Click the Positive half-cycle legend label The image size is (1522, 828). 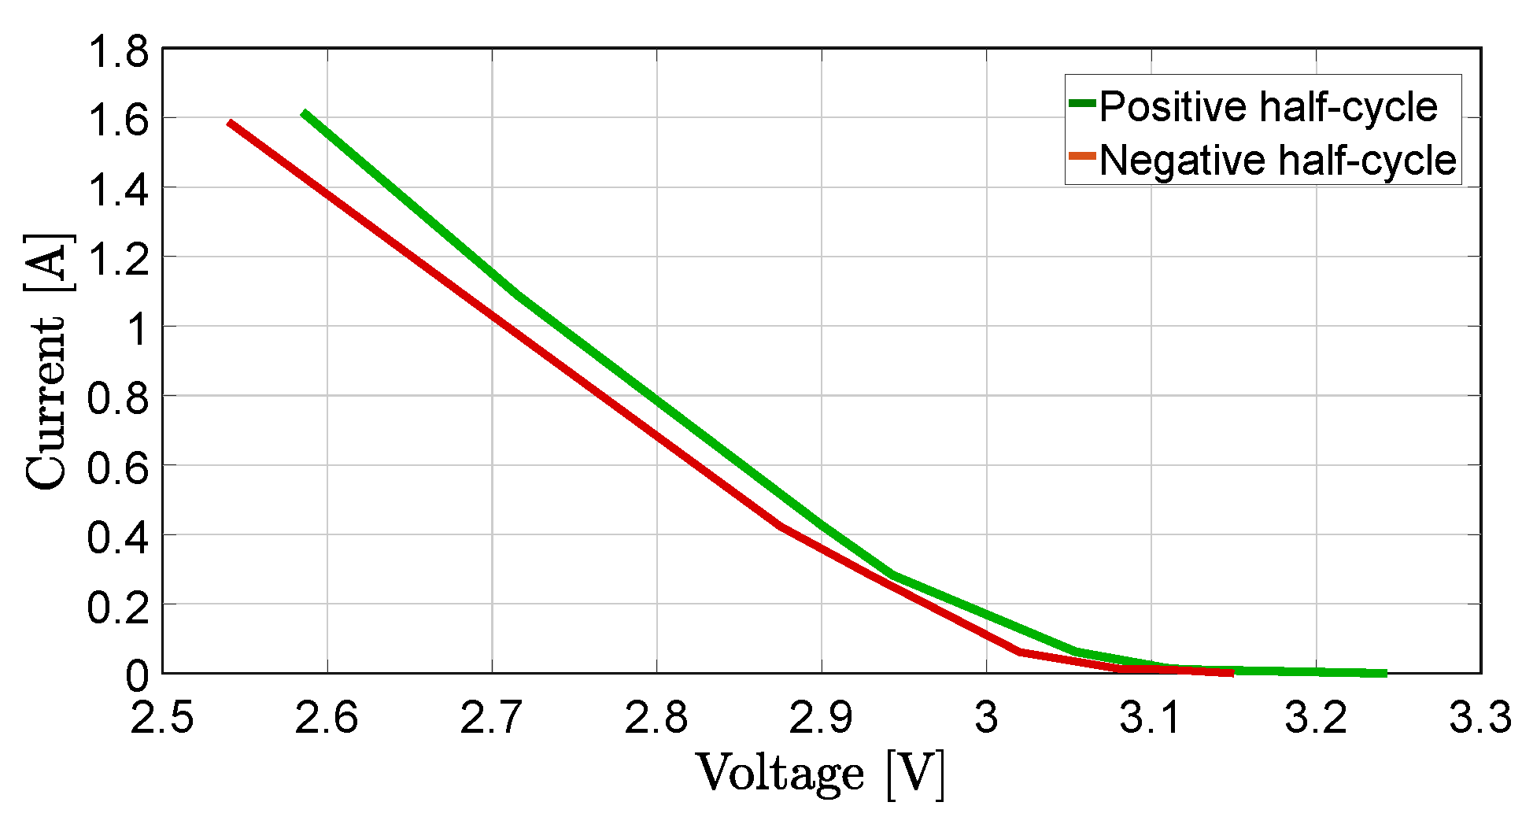(x=1268, y=106)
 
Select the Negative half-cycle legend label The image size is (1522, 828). (x=1277, y=160)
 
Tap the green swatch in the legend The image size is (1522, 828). (x=1082, y=103)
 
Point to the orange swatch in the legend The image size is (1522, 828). (x=1082, y=156)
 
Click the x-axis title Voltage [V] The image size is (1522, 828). (x=820, y=774)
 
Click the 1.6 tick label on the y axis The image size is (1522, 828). (x=118, y=121)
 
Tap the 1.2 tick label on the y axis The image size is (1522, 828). (x=118, y=260)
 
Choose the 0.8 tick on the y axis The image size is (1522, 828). (x=118, y=398)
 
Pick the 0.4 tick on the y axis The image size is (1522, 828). (x=118, y=538)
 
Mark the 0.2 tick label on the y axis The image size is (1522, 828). (x=118, y=607)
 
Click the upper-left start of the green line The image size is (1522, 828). (x=304, y=113)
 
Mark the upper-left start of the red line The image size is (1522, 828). (x=229, y=123)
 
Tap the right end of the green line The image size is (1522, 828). (x=1385, y=673)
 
